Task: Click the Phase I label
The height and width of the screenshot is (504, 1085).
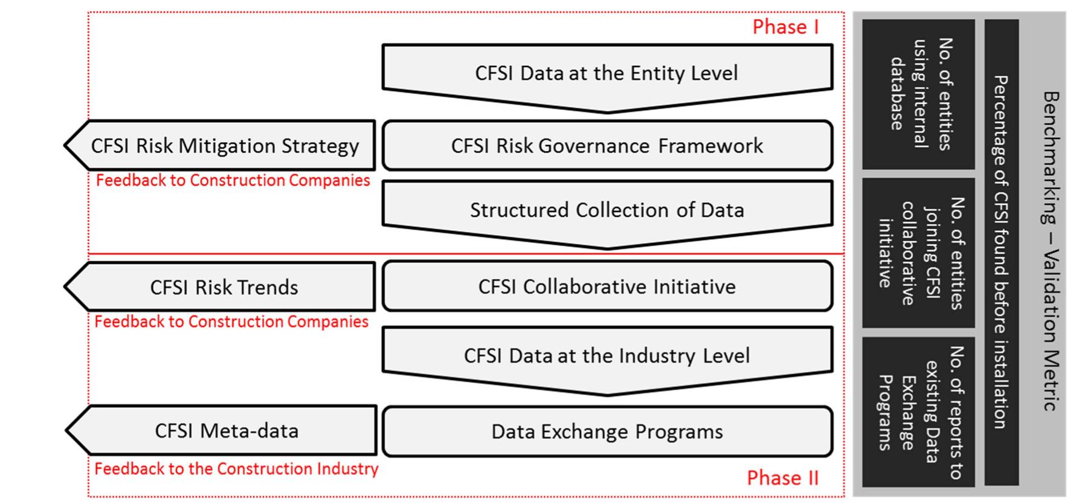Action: click(x=785, y=27)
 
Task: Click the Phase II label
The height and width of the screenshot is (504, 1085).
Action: click(x=782, y=478)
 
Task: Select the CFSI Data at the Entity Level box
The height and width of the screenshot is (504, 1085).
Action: click(x=607, y=73)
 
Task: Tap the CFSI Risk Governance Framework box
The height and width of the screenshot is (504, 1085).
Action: click(x=607, y=146)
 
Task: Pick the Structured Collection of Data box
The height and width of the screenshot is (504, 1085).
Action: click(x=607, y=210)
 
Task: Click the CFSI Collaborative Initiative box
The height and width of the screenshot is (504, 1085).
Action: click(x=607, y=286)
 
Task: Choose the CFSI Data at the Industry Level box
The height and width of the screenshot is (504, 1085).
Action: click(x=607, y=355)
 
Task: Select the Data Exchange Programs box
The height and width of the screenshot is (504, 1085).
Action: click(x=607, y=431)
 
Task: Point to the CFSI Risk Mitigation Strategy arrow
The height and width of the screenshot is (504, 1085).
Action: click(x=224, y=146)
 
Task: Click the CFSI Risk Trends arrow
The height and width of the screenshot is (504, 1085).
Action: click(x=224, y=287)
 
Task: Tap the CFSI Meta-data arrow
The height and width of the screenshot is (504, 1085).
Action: click(x=226, y=431)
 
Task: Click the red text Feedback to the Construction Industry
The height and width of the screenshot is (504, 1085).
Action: click(x=236, y=469)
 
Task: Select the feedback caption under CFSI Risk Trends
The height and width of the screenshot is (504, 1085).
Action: click(x=231, y=321)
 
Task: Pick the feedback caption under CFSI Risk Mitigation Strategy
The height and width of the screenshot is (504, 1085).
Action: click(x=233, y=180)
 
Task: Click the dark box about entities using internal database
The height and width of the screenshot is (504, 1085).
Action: click(x=918, y=94)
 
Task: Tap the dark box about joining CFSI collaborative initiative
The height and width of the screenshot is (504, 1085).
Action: click(x=918, y=253)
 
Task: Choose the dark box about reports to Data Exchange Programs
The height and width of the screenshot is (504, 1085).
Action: click(x=918, y=412)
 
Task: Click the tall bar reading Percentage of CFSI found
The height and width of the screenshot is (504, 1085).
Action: click(x=1001, y=252)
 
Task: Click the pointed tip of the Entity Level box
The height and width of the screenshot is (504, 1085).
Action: click(x=607, y=110)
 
